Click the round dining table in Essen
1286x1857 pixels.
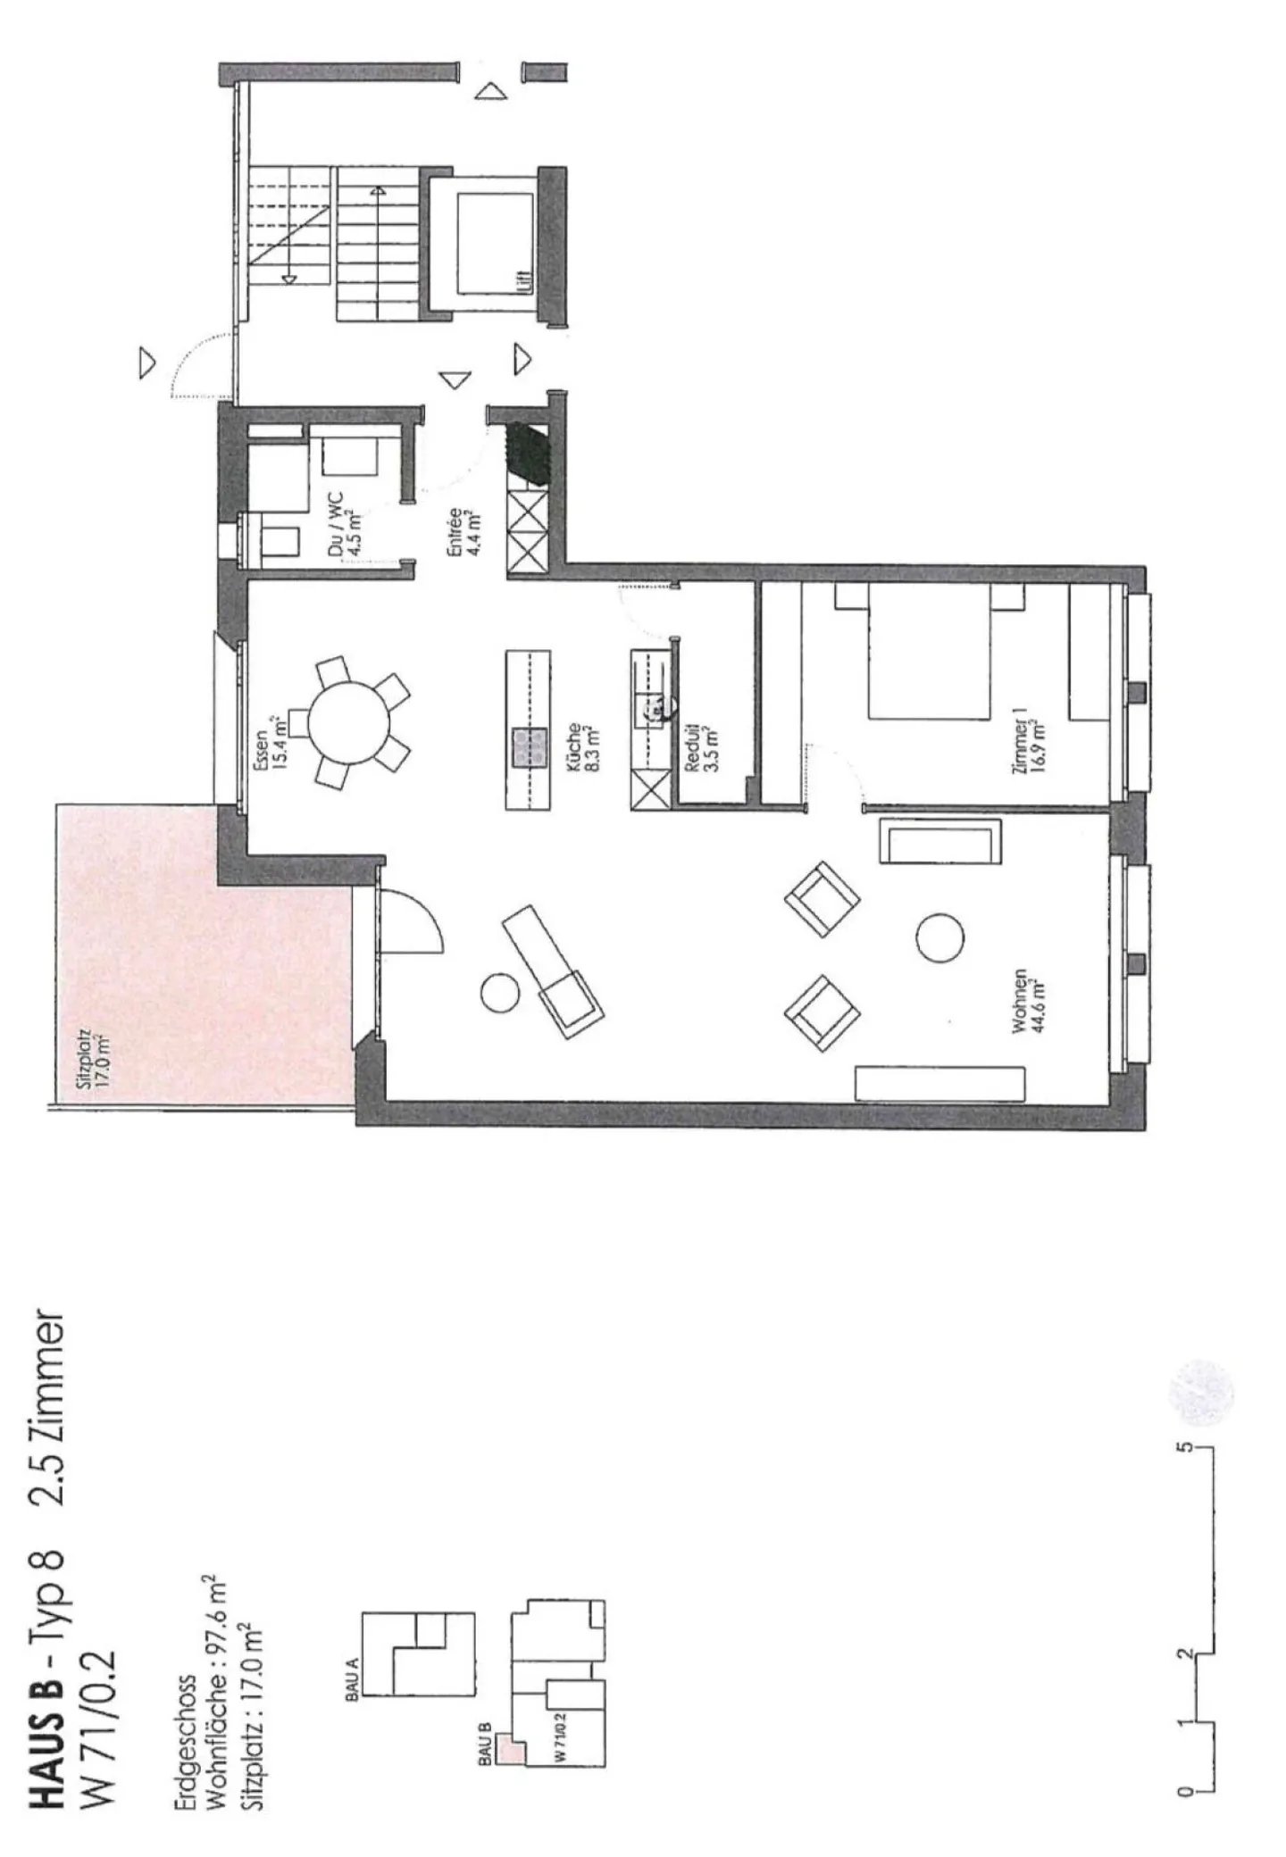[x=349, y=722]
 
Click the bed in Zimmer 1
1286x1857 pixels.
[x=929, y=651]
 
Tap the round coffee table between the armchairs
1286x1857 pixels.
[x=939, y=937]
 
